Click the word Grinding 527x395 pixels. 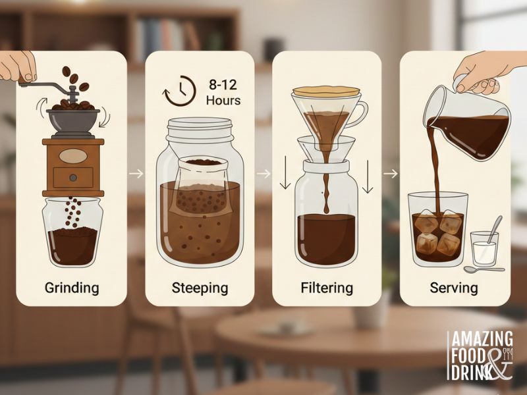[72, 288]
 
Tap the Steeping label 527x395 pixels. [200, 288]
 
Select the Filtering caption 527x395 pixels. [327, 288]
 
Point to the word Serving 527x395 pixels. [454, 288]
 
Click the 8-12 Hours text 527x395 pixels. [223, 93]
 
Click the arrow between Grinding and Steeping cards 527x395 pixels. [136, 174]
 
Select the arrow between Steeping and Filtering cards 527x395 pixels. [263, 174]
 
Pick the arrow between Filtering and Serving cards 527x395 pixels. [391, 174]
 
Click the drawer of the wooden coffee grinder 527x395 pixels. [73, 176]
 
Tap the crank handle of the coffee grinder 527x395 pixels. [46, 84]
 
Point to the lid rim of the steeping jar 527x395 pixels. [200, 126]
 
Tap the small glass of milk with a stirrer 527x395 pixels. [484, 249]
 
